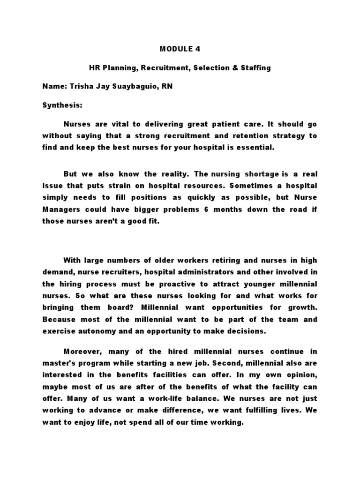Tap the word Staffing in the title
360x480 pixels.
(x=255, y=67)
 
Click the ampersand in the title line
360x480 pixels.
(x=233, y=67)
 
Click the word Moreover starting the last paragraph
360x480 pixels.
(x=82, y=351)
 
